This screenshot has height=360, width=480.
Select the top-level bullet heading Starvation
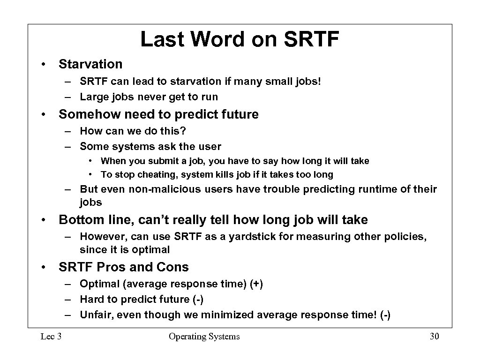tap(90, 64)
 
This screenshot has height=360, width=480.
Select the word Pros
tap(112, 267)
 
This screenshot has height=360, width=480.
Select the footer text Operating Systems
tap(204, 337)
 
